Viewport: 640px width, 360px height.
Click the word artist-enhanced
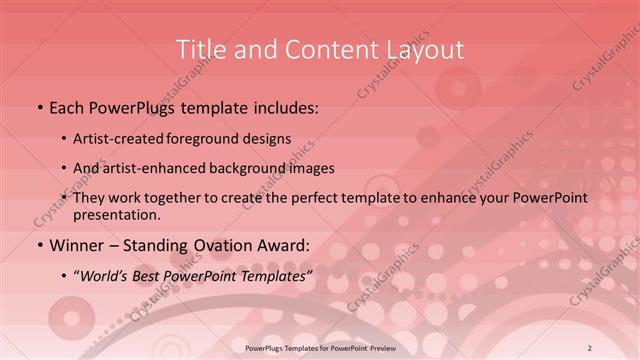pos(167,168)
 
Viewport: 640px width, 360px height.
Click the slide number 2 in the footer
pos(590,347)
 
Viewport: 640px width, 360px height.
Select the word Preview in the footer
pos(395,347)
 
